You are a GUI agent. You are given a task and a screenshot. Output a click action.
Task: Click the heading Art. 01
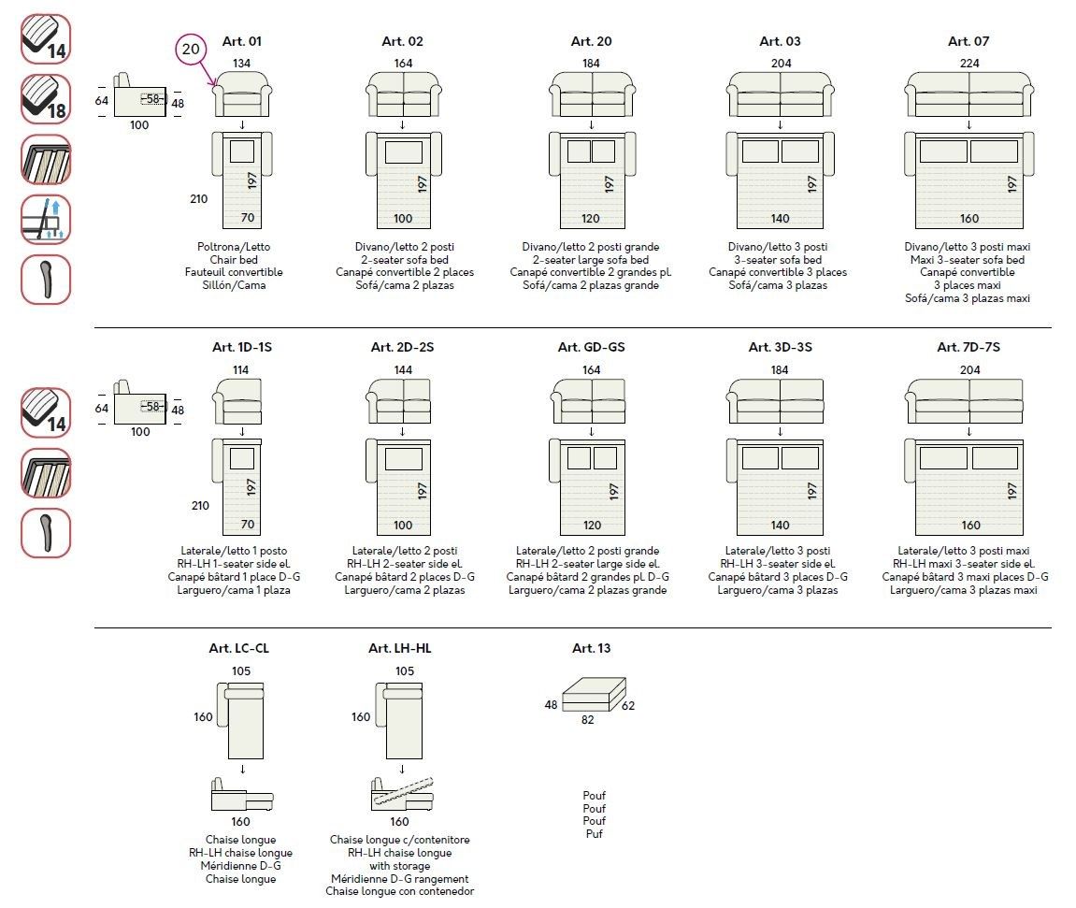pyautogui.click(x=242, y=41)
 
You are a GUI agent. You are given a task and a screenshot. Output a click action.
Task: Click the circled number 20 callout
pyautogui.click(x=191, y=50)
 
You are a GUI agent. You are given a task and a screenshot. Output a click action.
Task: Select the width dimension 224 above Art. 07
pyautogui.click(x=968, y=64)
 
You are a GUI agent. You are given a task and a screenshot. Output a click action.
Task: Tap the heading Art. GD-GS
pyautogui.click(x=591, y=347)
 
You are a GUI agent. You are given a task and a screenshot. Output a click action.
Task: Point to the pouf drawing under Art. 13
pyautogui.click(x=592, y=693)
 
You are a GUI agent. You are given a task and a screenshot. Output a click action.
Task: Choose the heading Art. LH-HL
pyautogui.click(x=400, y=648)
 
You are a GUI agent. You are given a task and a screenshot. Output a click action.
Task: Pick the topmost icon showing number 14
pyautogui.click(x=46, y=38)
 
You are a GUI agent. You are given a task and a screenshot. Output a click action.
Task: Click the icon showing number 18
pyautogui.click(x=46, y=98)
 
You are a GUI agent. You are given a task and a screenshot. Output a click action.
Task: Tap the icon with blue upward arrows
pyautogui.click(x=46, y=218)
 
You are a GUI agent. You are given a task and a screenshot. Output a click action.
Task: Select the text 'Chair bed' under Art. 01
pyautogui.click(x=241, y=260)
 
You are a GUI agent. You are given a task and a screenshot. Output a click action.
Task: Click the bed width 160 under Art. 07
pyautogui.click(x=968, y=219)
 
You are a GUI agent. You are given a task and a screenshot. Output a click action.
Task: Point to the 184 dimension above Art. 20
pyautogui.click(x=592, y=64)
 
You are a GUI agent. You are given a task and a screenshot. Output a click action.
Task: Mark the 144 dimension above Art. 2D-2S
pyautogui.click(x=402, y=369)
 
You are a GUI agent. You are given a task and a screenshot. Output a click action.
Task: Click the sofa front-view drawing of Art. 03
pyautogui.click(x=780, y=94)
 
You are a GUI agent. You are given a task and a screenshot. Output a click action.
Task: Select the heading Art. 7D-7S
pyautogui.click(x=968, y=347)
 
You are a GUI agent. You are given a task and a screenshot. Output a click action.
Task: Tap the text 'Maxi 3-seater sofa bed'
pyautogui.click(x=968, y=260)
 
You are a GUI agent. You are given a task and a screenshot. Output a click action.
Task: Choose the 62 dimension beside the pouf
pyautogui.click(x=627, y=705)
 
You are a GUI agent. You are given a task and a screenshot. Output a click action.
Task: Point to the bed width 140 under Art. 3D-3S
pyautogui.click(x=780, y=526)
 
